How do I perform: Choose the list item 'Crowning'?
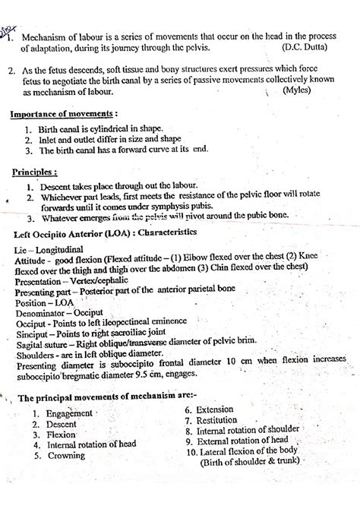[67, 457]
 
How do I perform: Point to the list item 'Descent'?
[62, 424]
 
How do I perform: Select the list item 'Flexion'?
[62, 435]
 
